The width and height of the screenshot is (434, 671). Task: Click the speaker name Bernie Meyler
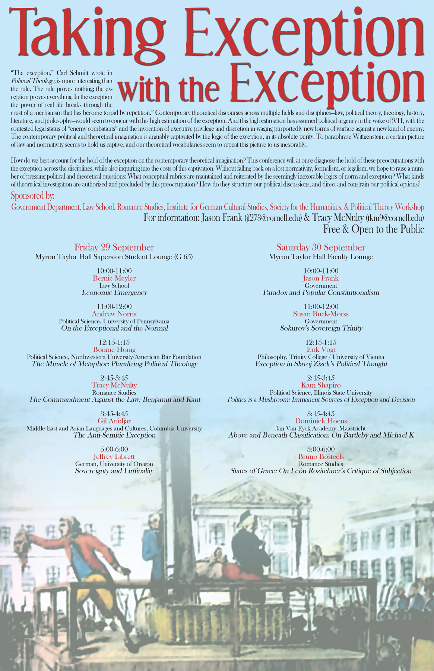(114, 278)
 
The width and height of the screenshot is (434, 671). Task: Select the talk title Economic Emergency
(114, 293)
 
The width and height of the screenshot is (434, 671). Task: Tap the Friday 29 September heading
(114, 248)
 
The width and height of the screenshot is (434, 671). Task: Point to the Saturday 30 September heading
(321, 248)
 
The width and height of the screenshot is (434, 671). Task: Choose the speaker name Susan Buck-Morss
(321, 314)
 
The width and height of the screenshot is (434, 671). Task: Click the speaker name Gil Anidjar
(114, 421)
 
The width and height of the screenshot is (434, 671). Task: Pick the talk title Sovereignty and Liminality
(114, 471)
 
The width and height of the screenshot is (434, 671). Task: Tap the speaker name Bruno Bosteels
(321, 457)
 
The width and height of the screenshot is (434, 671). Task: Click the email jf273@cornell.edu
(273, 218)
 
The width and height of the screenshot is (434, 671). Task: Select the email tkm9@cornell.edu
(395, 218)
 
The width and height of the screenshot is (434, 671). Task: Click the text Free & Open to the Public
(373, 229)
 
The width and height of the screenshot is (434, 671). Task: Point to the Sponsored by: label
(33, 196)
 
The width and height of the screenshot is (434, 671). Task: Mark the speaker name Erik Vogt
(321, 349)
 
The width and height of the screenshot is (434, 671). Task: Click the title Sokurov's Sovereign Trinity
(321, 328)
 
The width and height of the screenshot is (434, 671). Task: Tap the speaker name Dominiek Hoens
(321, 421)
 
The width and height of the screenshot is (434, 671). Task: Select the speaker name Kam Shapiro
(321, 385)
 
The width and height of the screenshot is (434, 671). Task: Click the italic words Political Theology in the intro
(33, 81)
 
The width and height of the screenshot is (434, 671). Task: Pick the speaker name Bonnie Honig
(114, 349)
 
